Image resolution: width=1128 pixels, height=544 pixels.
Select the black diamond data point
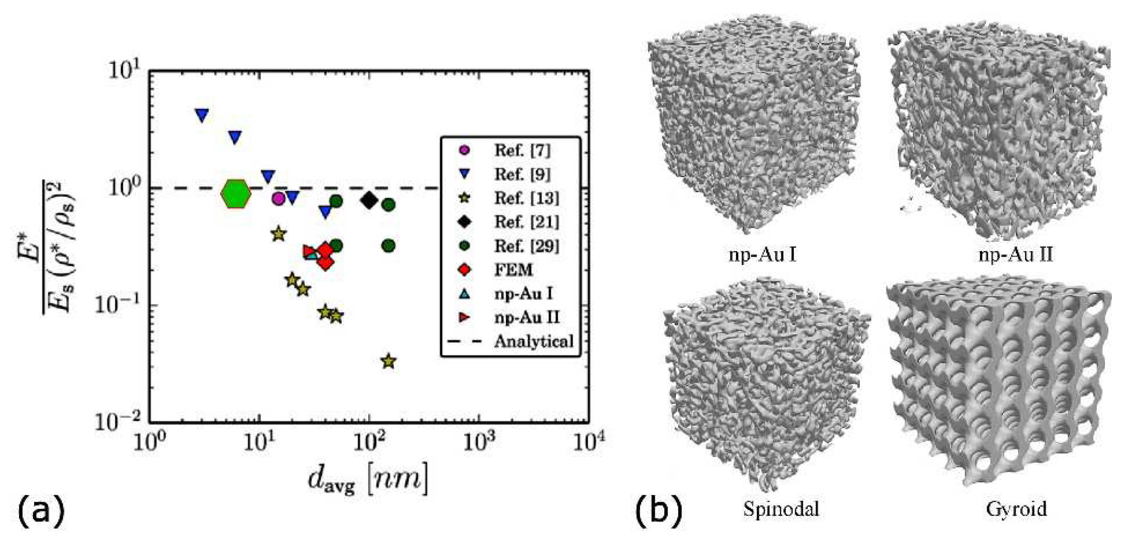click(370, 201)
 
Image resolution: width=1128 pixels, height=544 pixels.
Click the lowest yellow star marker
click(388, 362)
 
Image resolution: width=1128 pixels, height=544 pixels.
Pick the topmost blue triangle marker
click(202, 116)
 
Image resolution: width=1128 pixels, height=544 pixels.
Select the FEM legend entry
click(513, 269)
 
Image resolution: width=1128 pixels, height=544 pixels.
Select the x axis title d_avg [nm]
click(367, 481)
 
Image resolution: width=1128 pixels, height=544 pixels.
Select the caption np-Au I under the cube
click(762, 254)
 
